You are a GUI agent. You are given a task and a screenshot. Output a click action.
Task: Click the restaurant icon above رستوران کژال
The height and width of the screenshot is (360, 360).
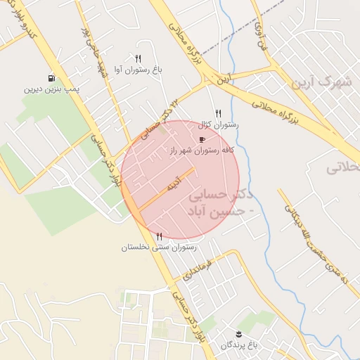pyautogui.click(x=219, y=113)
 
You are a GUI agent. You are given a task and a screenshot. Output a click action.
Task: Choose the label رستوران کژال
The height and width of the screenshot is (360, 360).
pyautogui.click(x=219, y=124)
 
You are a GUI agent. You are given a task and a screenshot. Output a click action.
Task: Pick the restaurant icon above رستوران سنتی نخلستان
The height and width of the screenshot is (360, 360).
pyautogui.click(x=160, y=236)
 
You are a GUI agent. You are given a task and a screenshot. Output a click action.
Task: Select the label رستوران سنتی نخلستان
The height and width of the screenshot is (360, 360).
pyautogui.click(x=159, y=247)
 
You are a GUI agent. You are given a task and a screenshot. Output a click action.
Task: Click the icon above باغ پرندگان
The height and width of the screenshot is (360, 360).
pyautogui.click(x=239, y=333)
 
